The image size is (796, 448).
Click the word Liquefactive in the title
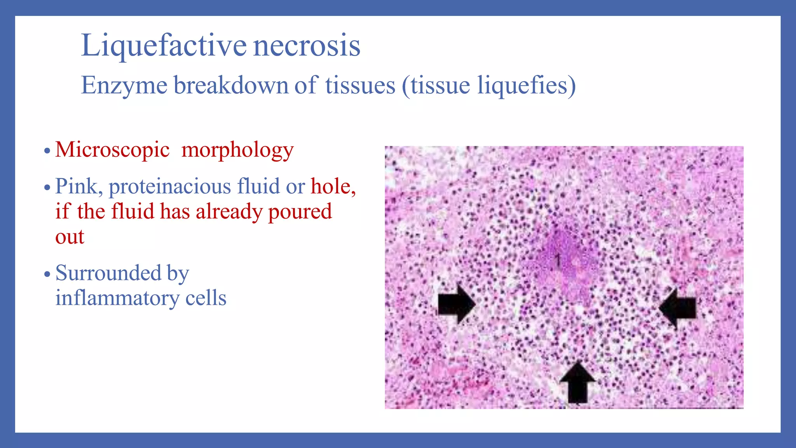[x=163, y=46]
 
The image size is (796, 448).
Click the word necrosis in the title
[x=307, y=46]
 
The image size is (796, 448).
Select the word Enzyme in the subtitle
[x=124, y=86]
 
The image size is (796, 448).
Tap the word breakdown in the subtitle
[x=231, y=86]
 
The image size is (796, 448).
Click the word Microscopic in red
[x=112, y=150]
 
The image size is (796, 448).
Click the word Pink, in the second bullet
[x=79, y=187]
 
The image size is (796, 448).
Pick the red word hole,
[x=333, y=187]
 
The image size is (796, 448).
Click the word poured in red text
[x=300, y=212]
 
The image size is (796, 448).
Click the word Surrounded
[x=108, y=273]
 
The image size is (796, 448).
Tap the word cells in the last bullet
[x=206, y=299]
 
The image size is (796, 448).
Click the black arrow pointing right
[x=456, y=304]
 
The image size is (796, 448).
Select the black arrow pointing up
[x=578, y=383]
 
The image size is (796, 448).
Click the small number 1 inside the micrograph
[x=558, y=259]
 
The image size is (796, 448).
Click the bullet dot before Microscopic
[x=47, y=151]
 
